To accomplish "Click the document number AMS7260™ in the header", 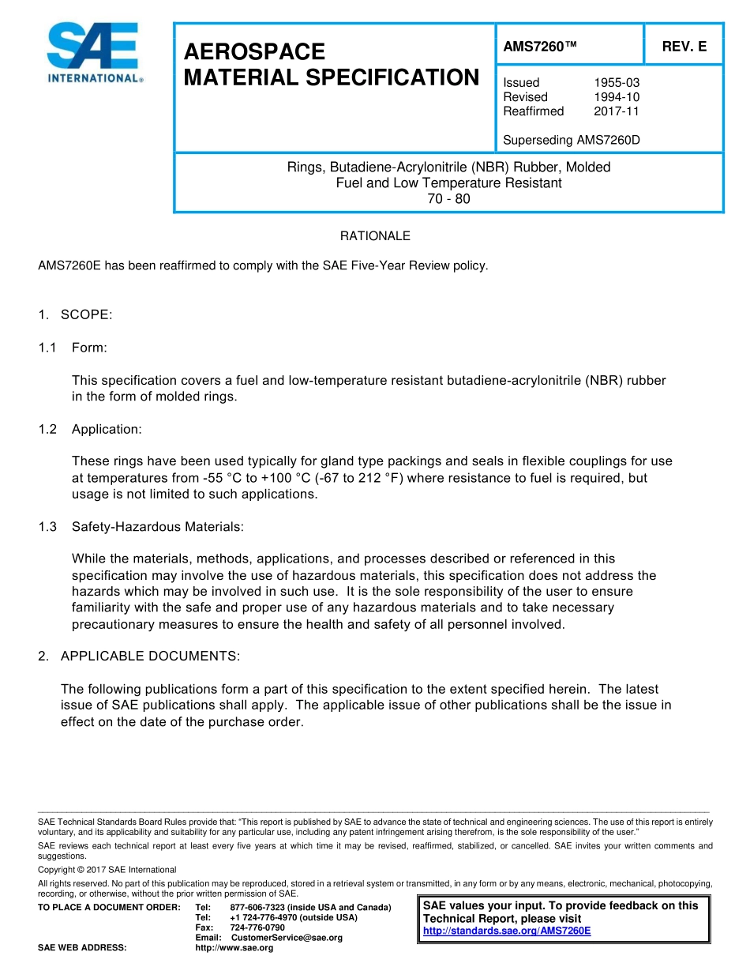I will point(540,47).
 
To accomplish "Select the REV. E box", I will point(684,47).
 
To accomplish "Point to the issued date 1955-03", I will point(616,83).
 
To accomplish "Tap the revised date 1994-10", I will point(616,97).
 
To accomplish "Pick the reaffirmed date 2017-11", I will point(616,111).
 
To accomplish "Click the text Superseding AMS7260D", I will point(571,141).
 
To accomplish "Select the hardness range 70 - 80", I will point(448,199).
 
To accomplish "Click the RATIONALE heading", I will point(375,236).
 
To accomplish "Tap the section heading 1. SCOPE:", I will point(76,315).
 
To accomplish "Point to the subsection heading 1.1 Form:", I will point(73,348).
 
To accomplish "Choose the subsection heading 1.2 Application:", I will point(91,430).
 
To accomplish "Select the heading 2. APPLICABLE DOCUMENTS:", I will point(139,657).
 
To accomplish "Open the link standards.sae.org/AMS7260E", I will point(507,931).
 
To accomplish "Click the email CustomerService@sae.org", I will point(287,938).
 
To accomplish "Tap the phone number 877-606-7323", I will point(257,908).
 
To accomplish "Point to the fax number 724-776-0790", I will point(257,927).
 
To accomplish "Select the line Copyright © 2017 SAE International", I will point(107,870).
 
